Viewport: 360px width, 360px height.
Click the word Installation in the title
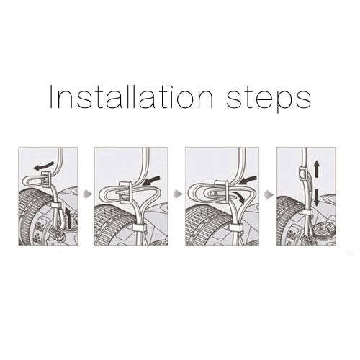point(131,97)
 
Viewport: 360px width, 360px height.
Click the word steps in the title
point(269,99)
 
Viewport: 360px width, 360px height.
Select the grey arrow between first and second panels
point(88,194)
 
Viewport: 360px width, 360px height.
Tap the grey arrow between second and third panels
point(178,193)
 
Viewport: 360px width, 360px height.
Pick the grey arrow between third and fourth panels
point(269,194)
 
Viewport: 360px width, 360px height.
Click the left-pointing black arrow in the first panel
point(44,166)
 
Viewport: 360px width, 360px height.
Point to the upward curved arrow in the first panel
point(69,217)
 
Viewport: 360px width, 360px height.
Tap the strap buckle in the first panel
point(47,179)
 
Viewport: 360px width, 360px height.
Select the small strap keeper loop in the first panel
point(57,206)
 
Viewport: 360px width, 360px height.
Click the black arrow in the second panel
point(150,181)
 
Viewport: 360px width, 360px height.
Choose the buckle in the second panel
point(125,193)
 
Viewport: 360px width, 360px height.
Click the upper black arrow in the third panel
point(248,180)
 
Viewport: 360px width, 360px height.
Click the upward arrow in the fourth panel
point(317,169)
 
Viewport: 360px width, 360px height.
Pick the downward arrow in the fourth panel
point(317,197)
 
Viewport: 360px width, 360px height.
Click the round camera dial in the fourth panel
point(323,230)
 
